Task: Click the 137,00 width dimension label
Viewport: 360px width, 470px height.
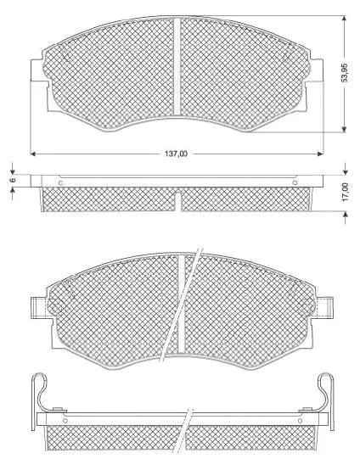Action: click(176, 154)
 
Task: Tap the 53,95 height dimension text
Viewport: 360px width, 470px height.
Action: click(346, 73)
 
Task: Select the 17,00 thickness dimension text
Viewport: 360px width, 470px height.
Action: click(346, 192)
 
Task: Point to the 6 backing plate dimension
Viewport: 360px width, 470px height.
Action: click(12, 180)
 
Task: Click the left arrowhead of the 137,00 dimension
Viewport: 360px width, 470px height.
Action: click(34, 154)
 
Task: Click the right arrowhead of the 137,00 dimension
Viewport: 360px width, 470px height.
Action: click(321, 154)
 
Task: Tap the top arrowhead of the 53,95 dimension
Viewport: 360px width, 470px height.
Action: click(344, 19)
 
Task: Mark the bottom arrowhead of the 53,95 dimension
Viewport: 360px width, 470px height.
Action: click(344, 129)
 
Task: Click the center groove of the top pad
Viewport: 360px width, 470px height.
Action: click(177, 66)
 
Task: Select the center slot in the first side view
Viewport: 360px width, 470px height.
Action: click(178, 201)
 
